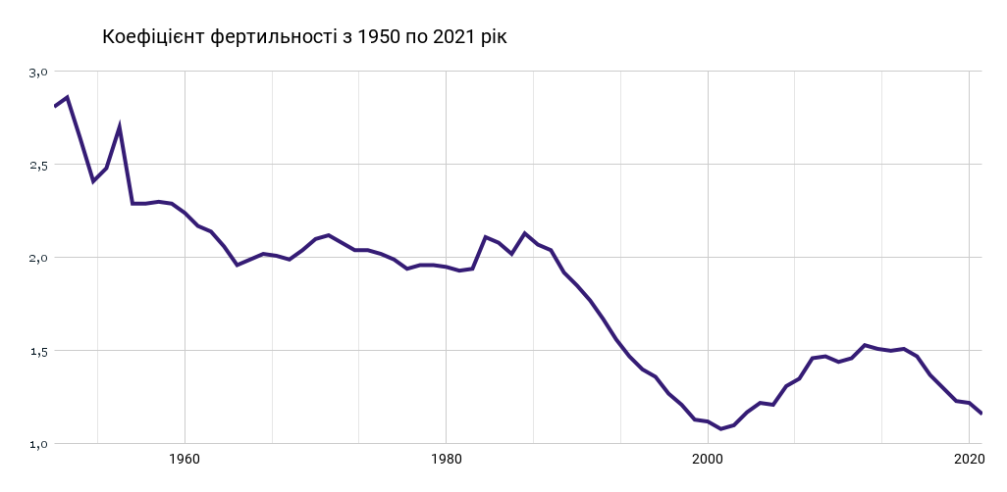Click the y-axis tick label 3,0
(38, 72)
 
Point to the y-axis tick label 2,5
(38, 165)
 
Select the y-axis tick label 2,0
(38, 258)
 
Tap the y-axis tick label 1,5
(38, 351)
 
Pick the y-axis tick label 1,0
(38, 444)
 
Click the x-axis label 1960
(185, 459)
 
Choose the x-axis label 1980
(446, 459)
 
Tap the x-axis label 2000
(708, 459)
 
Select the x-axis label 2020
(969, 459)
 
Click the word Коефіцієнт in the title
(154, 37)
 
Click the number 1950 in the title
(380, 37)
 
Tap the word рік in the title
(494, 37)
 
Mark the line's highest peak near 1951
(67, 97)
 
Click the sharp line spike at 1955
(119, 126)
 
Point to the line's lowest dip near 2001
(720, 428)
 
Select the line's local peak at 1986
(525, 233)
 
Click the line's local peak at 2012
(865, 345)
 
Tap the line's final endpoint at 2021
(981, 414)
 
